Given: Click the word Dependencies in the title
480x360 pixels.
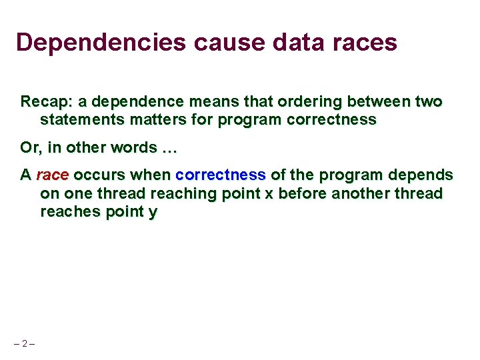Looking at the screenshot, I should pyautogui.click(x=101, y=43).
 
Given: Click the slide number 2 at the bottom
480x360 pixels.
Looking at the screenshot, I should pyautogui.click(x=24, y=343).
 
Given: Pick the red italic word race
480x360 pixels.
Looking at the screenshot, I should pyautogui.click(x=53, y=175).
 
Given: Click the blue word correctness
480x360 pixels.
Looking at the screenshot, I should pyautogui.click(x=221, y=175).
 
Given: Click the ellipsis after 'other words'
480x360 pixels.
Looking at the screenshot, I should pyautogui.click(x=169, y=147).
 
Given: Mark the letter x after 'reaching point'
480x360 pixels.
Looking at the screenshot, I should pyautogui.click(x=269, y=193).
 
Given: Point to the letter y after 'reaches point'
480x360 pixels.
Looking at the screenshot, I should pyautogui.click(x=153, y=212).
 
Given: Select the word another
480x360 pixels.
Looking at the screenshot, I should pyautogui.click(x=362, y=193).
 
